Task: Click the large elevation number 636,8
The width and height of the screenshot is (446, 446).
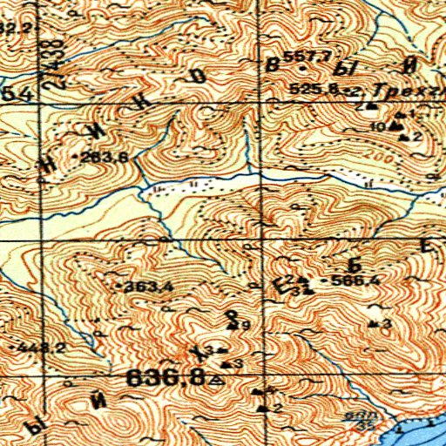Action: pos(166,378)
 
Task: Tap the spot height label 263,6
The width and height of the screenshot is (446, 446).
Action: pos(108,157)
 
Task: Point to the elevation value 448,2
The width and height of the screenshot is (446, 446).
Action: pos(39,348)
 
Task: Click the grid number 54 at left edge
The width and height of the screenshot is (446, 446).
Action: pos(10,93)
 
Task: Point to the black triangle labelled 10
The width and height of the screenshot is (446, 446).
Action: pos(396,126)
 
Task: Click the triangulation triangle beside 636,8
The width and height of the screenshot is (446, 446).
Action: pos(217,381)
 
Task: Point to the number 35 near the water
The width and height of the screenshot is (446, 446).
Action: pos(360,426)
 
